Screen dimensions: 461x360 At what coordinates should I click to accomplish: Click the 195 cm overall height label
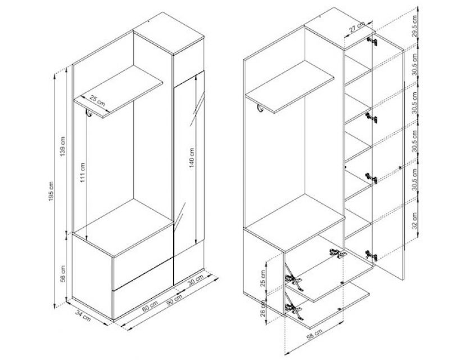pos(51,191)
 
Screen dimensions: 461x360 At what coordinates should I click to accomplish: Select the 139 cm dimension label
pos(63,146)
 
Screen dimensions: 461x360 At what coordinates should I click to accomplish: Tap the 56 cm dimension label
pos(63,274)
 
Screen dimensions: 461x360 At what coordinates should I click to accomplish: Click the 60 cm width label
pos(150,306)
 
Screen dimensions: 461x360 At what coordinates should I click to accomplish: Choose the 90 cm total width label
pos(174,299)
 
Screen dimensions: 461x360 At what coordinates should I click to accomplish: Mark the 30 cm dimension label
pos(196,280)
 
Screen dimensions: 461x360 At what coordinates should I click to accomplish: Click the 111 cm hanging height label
pos(83,173)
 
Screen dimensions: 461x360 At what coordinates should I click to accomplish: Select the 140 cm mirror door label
pos(192,157)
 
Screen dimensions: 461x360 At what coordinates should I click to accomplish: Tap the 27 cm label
pos(356,27)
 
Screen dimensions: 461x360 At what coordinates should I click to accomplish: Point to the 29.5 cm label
pos(414,25)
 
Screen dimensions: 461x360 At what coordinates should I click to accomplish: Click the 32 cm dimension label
pos(414,220)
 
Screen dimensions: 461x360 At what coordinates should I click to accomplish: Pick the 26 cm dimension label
pos(263,308)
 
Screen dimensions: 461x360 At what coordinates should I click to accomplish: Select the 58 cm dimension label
pos(314,335)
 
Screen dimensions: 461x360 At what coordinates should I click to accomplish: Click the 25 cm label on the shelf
pos(97,101)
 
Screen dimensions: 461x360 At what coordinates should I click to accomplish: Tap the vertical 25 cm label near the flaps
pos(263,278)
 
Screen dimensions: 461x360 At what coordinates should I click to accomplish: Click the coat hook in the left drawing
pos(89,113)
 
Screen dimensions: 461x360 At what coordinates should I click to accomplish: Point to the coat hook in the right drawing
pos(260,108)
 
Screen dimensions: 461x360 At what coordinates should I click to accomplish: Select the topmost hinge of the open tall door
pos(372,40)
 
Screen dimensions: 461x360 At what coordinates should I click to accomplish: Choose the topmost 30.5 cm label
pos(414,65)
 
